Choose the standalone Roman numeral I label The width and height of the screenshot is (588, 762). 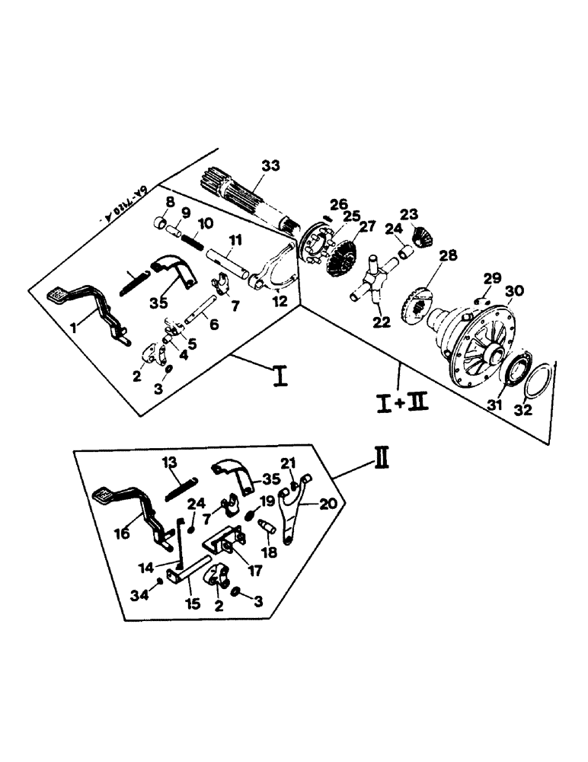coord(280,375)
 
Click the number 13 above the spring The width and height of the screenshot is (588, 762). coord(169,463)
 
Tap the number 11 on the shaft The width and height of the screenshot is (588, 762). coord(236,240)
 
